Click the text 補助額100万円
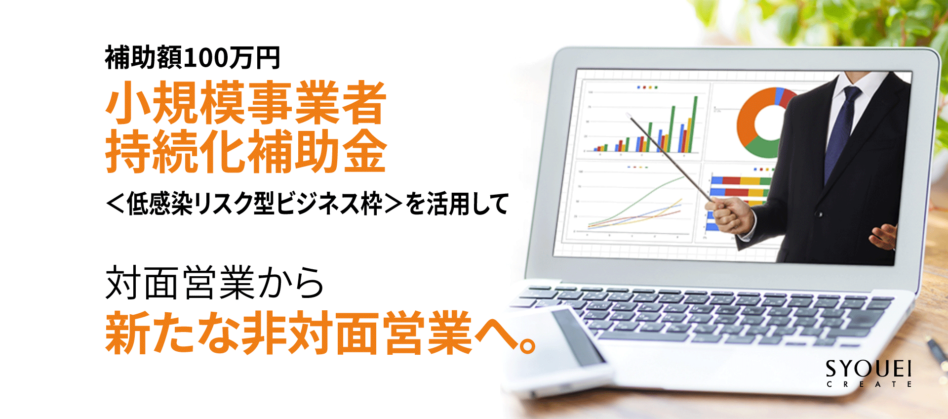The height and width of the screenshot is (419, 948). click(193, 58)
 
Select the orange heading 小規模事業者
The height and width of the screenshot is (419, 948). click(245, 103)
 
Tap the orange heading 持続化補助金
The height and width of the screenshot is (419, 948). click(245, 151)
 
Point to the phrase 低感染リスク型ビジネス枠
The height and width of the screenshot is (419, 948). click(255, 204)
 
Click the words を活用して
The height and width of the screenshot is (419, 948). click(457, 204)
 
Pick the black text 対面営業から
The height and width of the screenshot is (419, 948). click(215, 283)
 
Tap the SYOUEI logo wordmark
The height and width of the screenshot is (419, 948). click(869, 369)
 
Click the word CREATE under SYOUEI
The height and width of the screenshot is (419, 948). click(869, 384)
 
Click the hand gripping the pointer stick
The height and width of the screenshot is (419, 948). click(730, 215)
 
